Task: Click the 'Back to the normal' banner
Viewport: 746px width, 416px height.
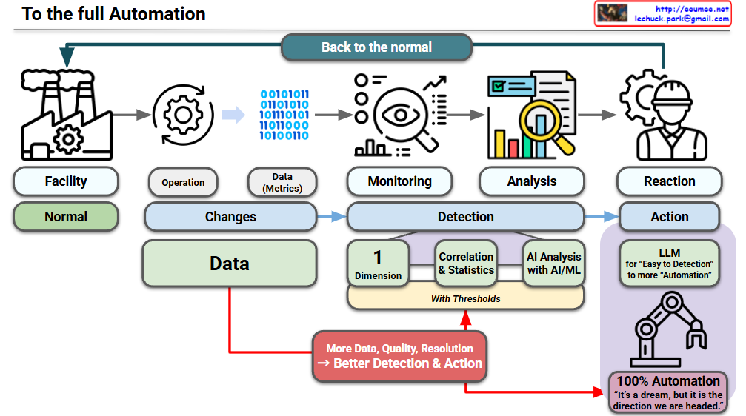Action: [x=376, y=47]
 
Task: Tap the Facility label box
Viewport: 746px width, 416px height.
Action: [x=66, y=181]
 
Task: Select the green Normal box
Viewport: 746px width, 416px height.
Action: [x=66, y=217]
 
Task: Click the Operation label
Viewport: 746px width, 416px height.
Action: [x=183, y=183]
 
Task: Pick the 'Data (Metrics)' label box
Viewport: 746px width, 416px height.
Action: [x=282, y=183]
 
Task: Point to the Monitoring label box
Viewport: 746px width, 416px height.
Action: [x=399, y=181]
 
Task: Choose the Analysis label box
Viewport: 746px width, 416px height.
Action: [x=532, y=181]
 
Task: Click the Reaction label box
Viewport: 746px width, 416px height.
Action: [x=670, y=181]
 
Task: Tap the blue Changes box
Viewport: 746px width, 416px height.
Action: [x=230, y=217]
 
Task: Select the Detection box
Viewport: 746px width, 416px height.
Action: [x=466, y=217]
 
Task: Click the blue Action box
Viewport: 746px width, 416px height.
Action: [x=670, y=217]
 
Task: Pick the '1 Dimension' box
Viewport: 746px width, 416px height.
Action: [x=379, y=264]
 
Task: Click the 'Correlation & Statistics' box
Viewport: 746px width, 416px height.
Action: [x=466, y=264]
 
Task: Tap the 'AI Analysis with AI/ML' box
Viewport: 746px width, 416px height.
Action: [x=554, y=264]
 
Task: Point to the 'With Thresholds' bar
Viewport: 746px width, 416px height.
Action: [x=466, y=298]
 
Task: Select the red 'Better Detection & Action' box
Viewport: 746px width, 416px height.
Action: [x=399, y=356]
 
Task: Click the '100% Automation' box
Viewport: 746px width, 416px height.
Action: [x=668, y=392]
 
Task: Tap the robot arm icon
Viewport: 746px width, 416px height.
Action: [x=668, y=329]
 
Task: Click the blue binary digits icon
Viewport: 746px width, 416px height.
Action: [x=284, y=115]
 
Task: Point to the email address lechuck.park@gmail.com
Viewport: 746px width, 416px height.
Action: [x=682, y=19]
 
